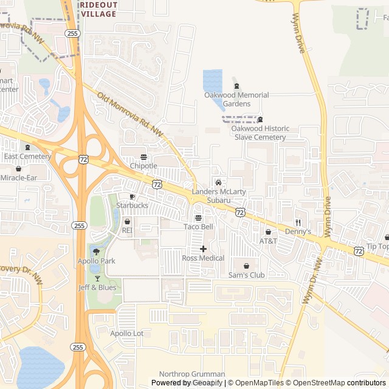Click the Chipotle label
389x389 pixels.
[x=143, y=165]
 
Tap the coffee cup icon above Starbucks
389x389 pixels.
[x=132, y=197]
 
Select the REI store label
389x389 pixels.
[x=127, y=230]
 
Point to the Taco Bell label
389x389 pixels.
[x=198, y=227]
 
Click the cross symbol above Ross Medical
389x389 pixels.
[x=203, y=249]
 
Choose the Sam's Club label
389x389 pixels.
[x=246, y=275]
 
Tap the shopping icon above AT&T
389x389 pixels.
[x=268, y=232]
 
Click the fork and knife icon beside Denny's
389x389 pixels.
[x=298, y=222]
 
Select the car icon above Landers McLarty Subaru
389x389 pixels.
[x=218, y=182]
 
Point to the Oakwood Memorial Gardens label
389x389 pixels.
[x=236, y=99]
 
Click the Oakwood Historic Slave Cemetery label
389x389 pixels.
[x=260, y=133]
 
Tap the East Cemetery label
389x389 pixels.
[x=27, y=156]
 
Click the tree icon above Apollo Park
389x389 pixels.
[x=96, y=252]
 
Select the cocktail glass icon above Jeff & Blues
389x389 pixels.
[x=97, y=278]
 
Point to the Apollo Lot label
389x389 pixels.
[x=126, y=333]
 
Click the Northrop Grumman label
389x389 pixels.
[x=191, y=374]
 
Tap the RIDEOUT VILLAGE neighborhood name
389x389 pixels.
[x=98, y=9]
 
